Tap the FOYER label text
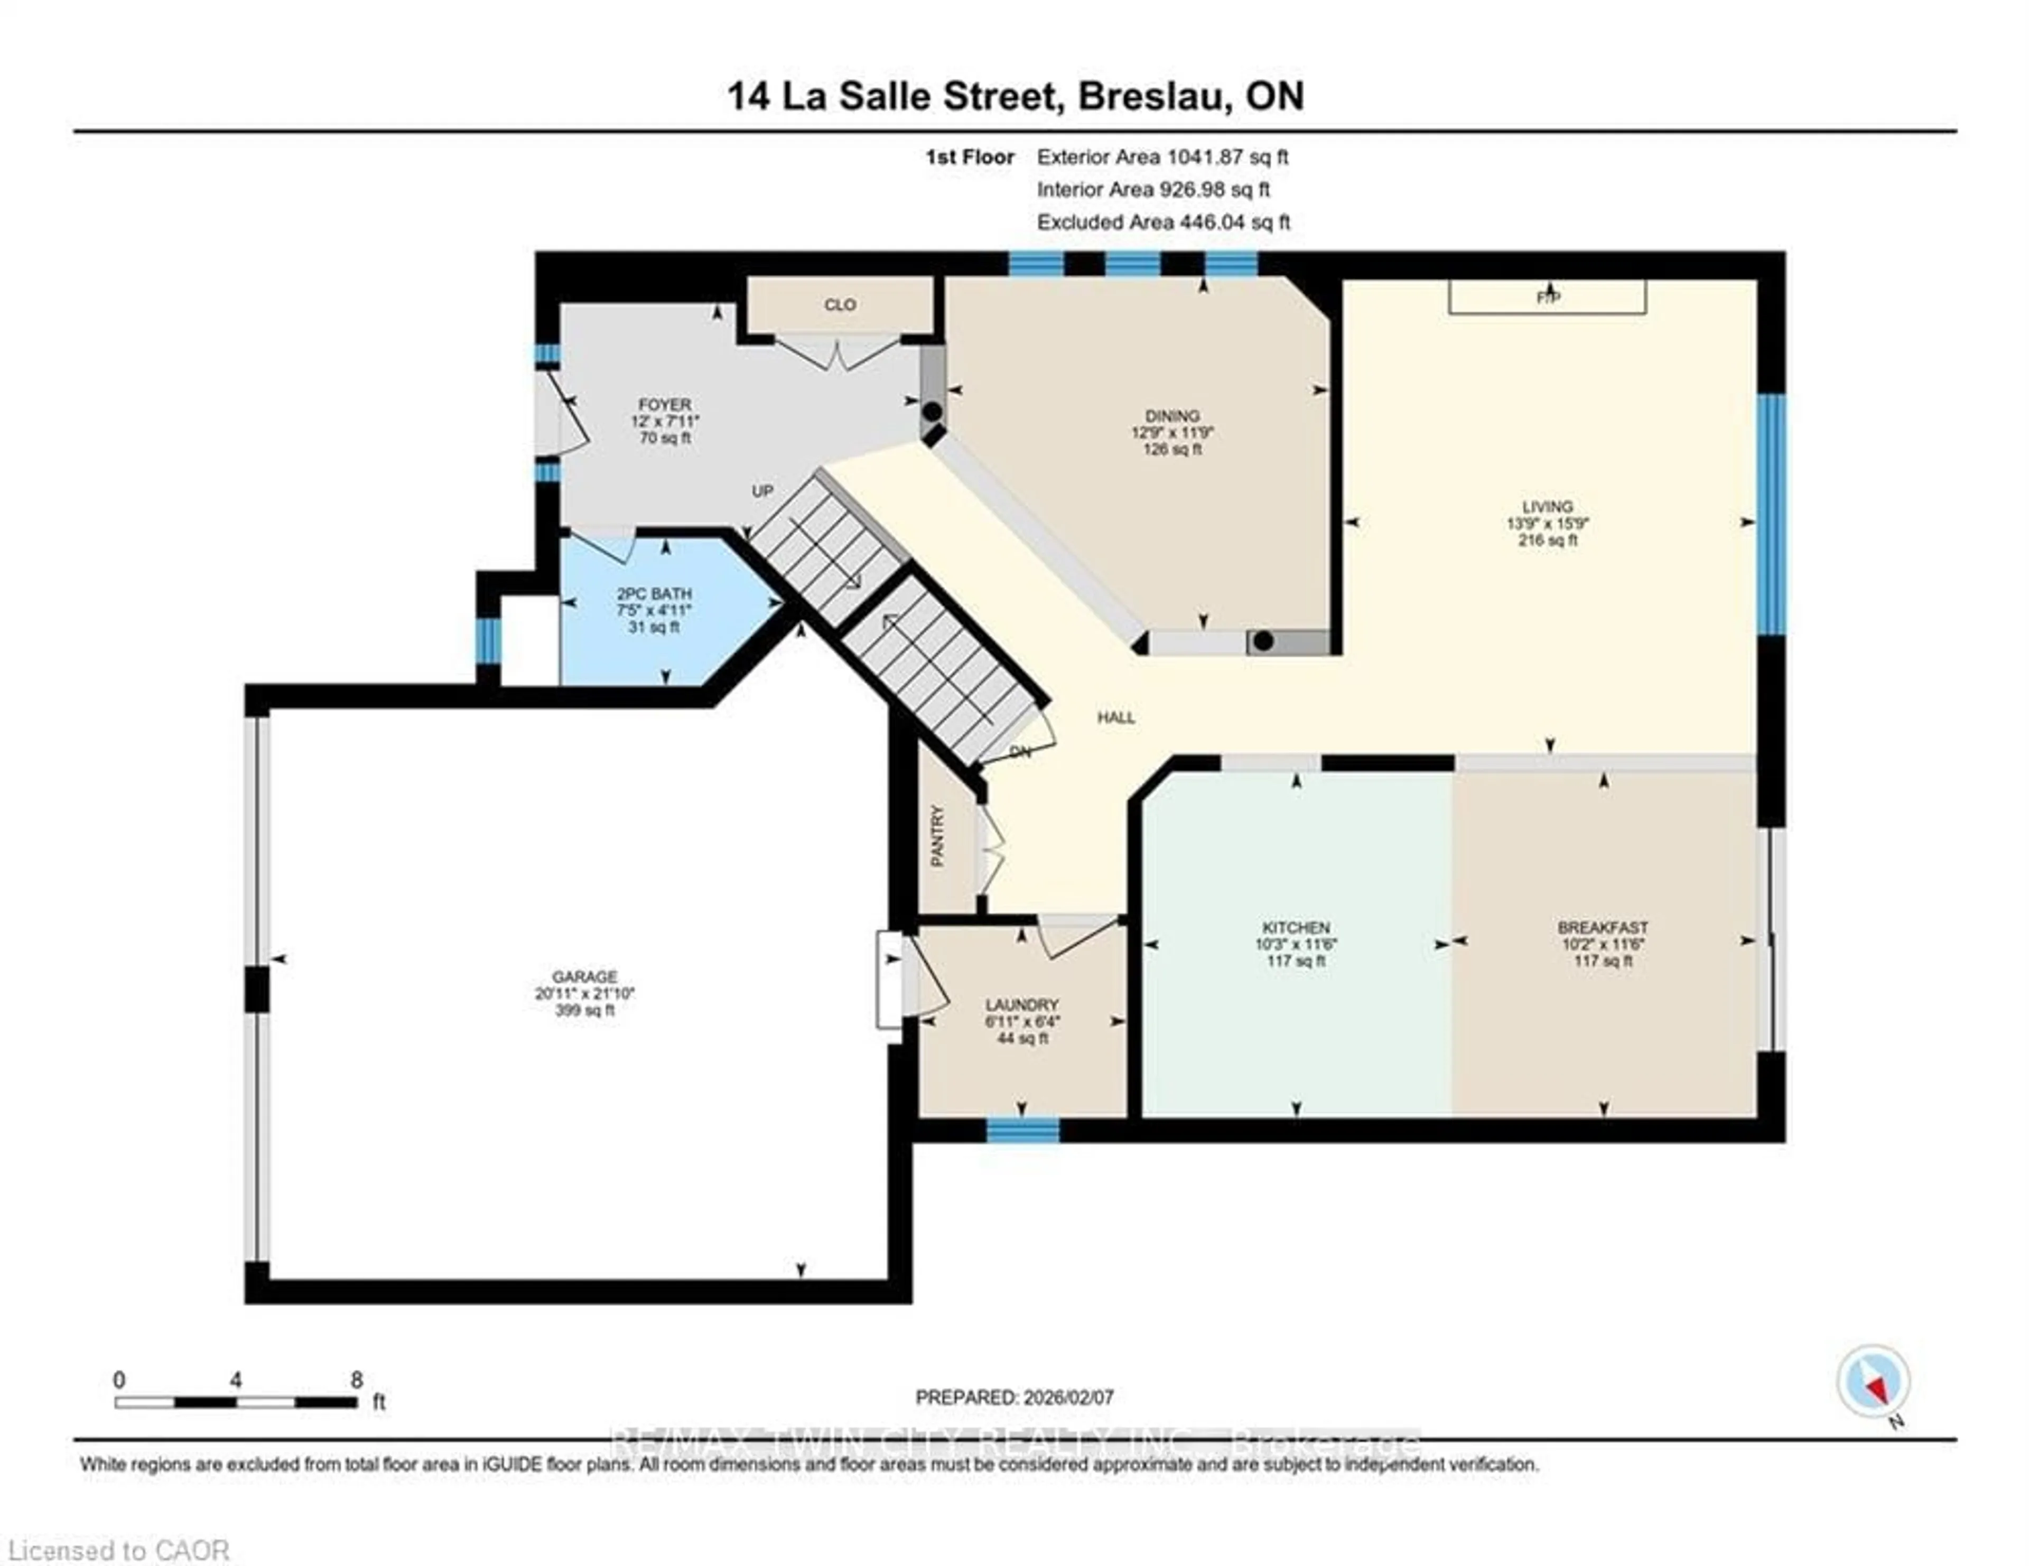[664, 404]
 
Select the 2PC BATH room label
[654, 593]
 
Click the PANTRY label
[937, 836]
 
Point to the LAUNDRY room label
[1022, 1004]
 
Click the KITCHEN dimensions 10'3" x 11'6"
[1296, 944]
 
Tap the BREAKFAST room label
[1603, 927]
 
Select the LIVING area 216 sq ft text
[1548, 539]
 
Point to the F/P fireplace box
[1548, 297]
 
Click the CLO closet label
[840, 305]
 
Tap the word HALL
[1116, 717]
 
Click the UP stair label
[762, 490]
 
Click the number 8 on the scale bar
[357, 1380]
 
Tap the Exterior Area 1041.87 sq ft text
[1162, 157]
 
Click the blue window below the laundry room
[1022, 1130]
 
